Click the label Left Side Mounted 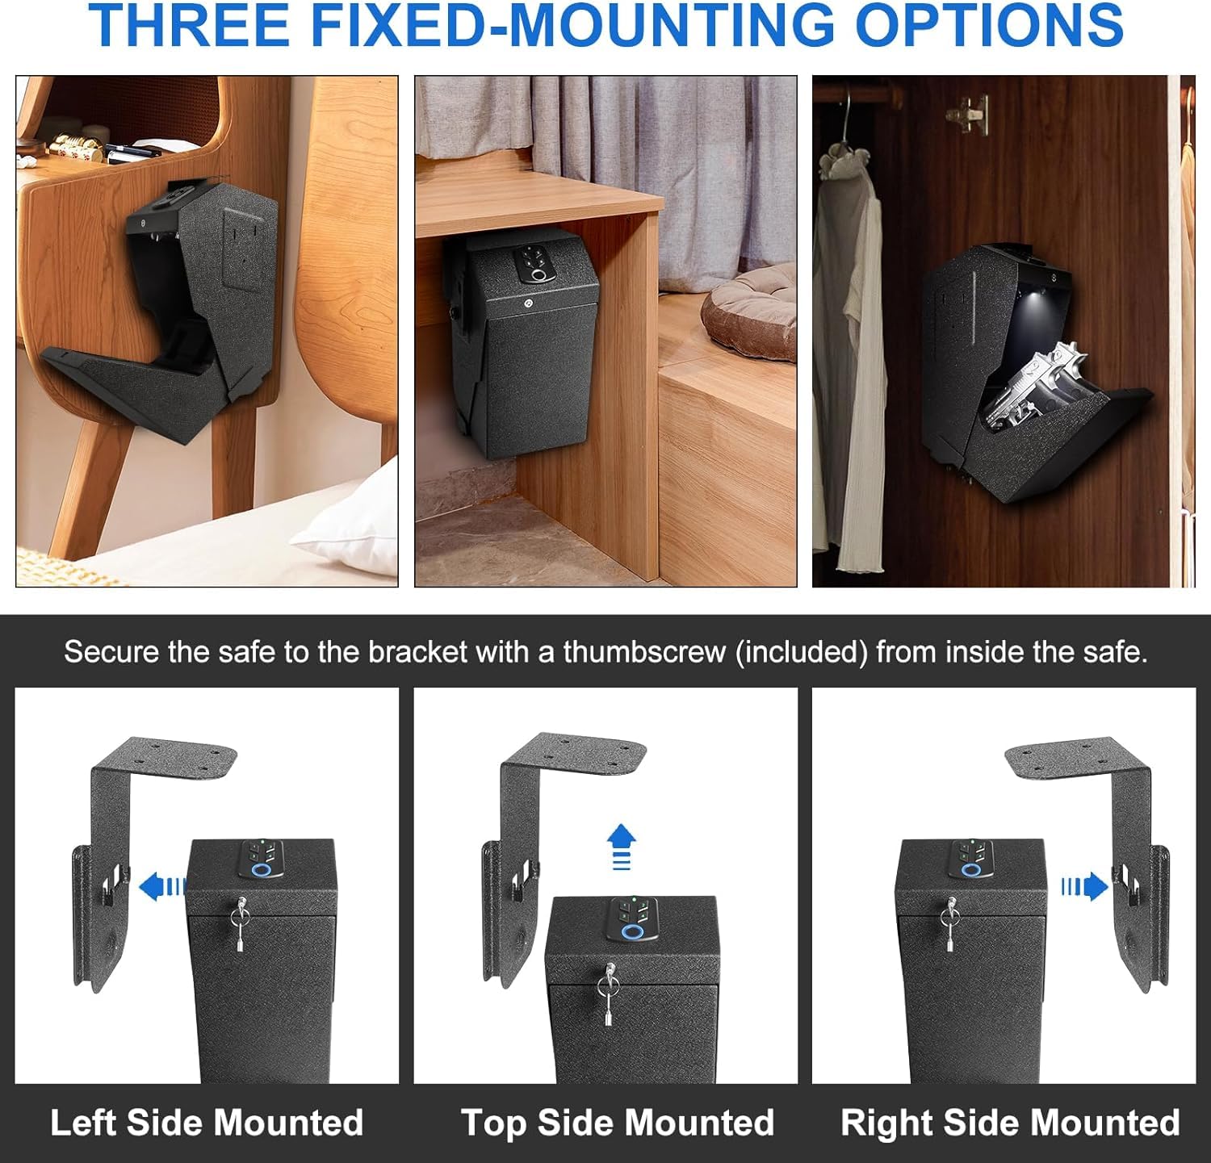click(207, 1123)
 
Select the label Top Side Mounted click(618, 1123)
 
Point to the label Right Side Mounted click(1010, 1123)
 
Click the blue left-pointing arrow click(162, 887)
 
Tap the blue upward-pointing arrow click(621, 847)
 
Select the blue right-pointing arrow click(1083, 887)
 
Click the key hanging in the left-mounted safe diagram click(241, 926)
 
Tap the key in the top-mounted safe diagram click(609, 996)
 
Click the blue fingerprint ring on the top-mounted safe click(634, 932)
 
